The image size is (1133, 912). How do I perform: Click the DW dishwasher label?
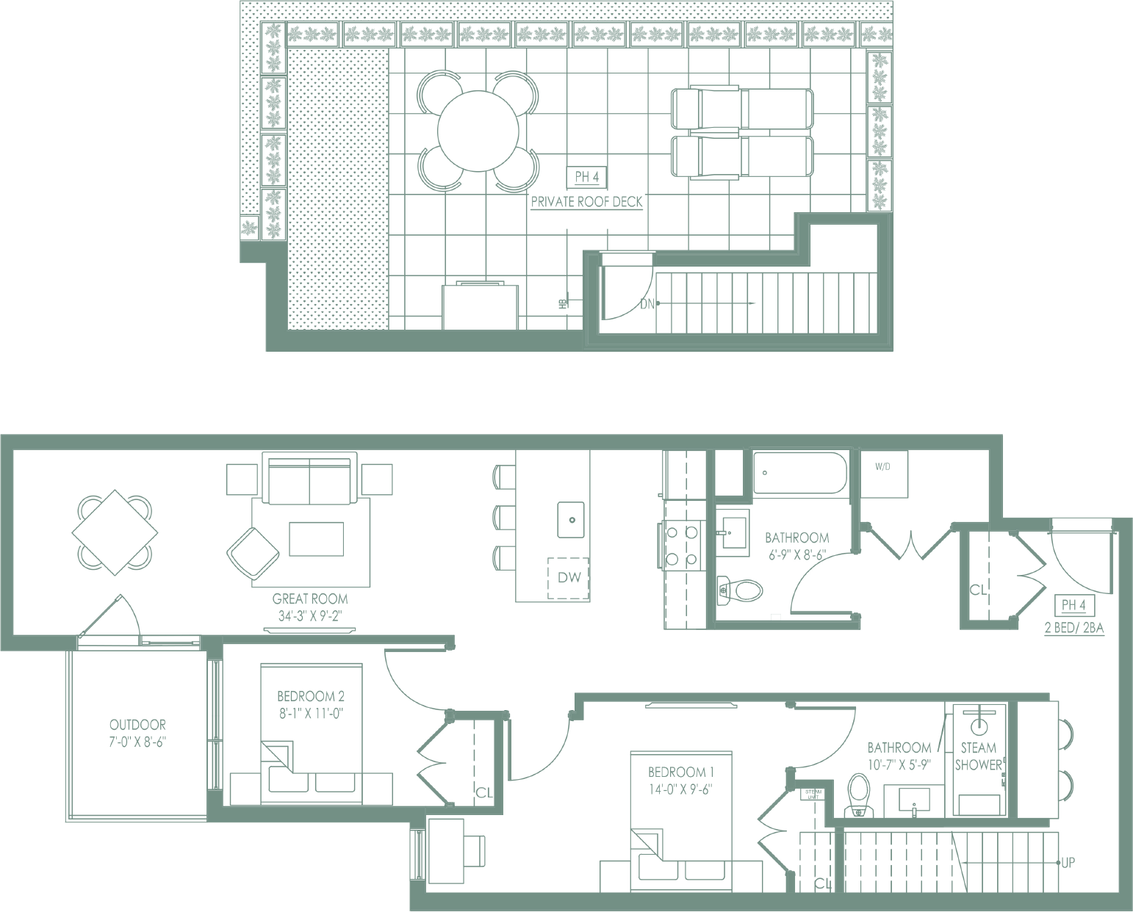[x=569, y=578]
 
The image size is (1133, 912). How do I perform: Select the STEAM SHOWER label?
[x=978, y=756]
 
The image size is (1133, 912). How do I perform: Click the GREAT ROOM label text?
[x=310, y=599]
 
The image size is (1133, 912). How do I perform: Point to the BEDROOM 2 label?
[x=311, y=696]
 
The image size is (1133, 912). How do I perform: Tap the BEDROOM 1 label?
[x=681, y=772]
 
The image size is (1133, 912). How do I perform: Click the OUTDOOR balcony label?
[x=137, y=725]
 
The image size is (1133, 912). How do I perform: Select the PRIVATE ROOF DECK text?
[x=586, y=202]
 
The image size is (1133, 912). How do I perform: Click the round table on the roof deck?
[x=478, y=131]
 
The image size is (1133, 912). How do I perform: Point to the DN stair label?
[x=647, y=303]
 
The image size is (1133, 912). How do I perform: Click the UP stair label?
[x=1068, y=863]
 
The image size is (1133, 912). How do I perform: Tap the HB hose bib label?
[x=563, y=303]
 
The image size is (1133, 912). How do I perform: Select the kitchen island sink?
[x=571, y=519]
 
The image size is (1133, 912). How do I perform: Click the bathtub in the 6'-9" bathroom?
[x=799, y=473]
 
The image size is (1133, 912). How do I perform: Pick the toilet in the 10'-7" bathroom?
[x=858, y=795]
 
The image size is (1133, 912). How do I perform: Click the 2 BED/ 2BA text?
[x=1074, y=629]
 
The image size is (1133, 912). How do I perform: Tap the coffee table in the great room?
[x=316, y=539]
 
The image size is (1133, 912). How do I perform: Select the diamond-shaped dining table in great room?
[x=115, y=532]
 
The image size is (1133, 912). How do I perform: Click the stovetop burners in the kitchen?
[x=681, y=546]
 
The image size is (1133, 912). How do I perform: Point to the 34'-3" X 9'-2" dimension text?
[x=310, y=616]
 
